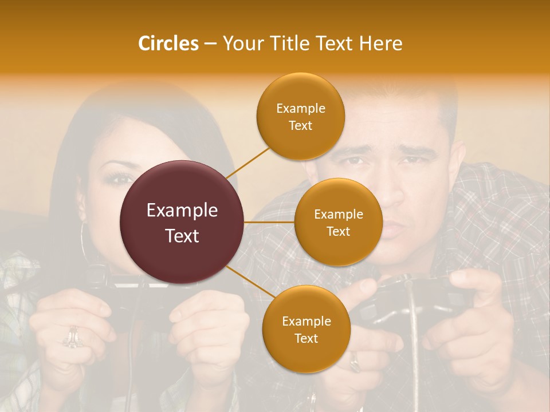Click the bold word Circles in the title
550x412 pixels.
(168, 43)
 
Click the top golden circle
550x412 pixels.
(300, 117)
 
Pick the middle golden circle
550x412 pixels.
(338, 223)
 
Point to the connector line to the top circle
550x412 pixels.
(247, 163)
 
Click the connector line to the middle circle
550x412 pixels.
(269, 222)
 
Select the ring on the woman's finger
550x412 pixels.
(73, 338)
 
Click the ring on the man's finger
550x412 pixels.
(355, 361)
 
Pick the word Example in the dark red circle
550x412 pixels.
(182, 211)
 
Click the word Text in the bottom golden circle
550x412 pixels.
(306, 338)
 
